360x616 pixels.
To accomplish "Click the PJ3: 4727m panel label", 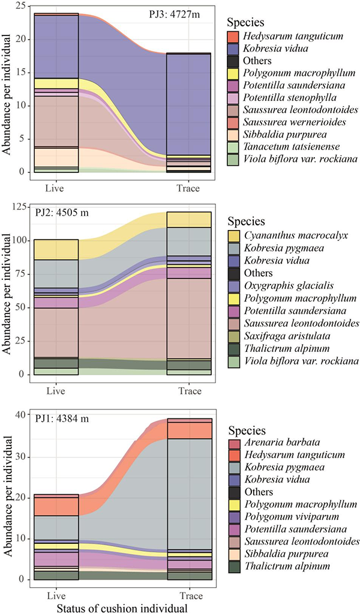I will [x=178, y=14].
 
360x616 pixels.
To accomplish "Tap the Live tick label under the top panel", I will [x=56, y=189].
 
